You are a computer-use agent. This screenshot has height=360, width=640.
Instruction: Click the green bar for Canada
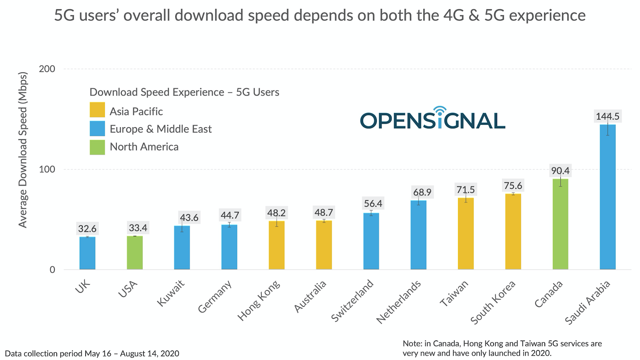click(x=560, y=224)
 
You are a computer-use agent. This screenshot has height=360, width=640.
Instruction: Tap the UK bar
click(x=87, y=253)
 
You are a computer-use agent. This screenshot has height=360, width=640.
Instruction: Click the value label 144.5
click(x=607, y=116)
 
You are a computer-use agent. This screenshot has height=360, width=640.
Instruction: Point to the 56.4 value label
click(x=373, y=204)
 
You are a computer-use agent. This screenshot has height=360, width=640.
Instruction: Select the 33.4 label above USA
click(x=138, y=228)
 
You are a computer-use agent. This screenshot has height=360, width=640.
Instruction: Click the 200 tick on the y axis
click(x=47, y=69)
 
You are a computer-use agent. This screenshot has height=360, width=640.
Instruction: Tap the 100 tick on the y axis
click(x=47, y=169)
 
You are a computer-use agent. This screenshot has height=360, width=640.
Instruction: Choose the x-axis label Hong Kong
click(x=259, y=300)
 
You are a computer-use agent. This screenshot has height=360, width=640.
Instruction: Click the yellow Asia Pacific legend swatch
click(x=97, y=110)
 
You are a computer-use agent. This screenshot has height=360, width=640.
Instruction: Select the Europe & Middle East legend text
click(x=160, y=129)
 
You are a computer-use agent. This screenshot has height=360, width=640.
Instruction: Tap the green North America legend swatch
click(x=97, y=147)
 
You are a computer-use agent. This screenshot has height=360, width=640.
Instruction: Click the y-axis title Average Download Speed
click(x=23, y=150)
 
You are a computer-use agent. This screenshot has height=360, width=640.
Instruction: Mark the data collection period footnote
click(x=92, y=354)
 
